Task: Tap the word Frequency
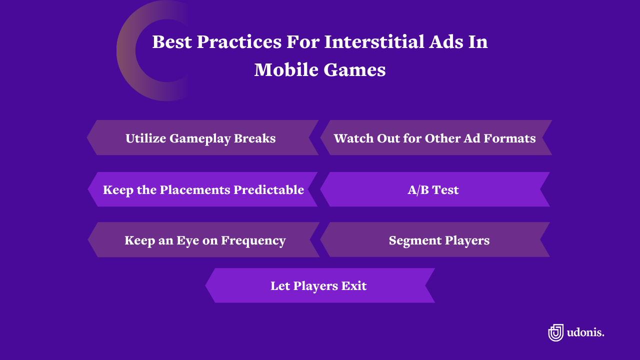pos(253,240)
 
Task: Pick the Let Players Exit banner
pos(319,286)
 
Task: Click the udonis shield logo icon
pos(555,332)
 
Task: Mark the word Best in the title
pos(171,42)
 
